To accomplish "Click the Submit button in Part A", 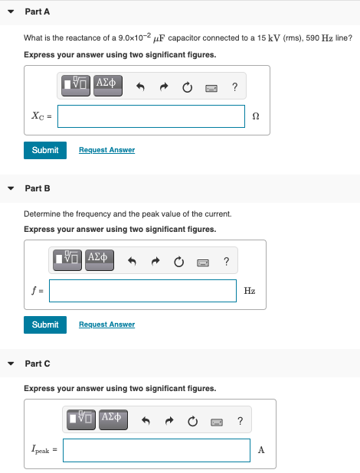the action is (x=45, y=150).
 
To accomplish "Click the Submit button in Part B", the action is (x=45, y=325).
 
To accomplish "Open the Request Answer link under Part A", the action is (x=107, y=150).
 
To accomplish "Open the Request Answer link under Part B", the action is (x=107, y=325).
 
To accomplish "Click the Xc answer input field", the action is (x=151, y=116).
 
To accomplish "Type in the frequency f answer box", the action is (x=142, y=291).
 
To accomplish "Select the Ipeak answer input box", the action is (x=156, y=450).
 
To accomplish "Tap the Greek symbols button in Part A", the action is (x=108, y=86).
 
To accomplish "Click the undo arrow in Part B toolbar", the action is (x=132, y=261).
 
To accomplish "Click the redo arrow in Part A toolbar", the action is (x=164, y=87).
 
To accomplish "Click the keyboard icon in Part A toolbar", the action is (x=211, y=88).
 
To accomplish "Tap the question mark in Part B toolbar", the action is (x=226, y=261).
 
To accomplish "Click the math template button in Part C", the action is (x=81, y=419).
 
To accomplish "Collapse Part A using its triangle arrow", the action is (x=11, y=11).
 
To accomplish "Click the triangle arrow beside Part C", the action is (x=11, y=364).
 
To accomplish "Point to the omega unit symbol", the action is (x=256, y=116).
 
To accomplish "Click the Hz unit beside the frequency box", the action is (x=250, y=291).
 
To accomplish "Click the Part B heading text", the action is (x=38, y=188).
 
